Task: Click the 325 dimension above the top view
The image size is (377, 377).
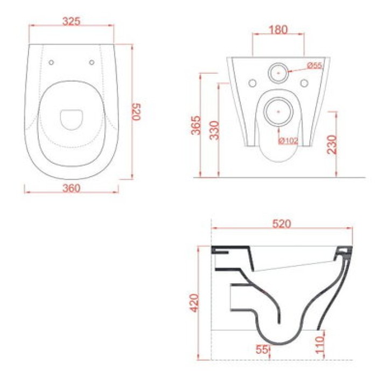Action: (72, 22)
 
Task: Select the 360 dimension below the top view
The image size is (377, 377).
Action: (72, 188)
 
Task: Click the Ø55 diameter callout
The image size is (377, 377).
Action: (314, 65)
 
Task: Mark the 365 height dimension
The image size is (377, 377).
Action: (197, 125)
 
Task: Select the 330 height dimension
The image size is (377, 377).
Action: (215, 130)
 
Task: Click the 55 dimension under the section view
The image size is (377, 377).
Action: (262, 350)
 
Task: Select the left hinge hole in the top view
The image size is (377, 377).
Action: (51, 62)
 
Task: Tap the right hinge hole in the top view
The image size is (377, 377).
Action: (92, 62)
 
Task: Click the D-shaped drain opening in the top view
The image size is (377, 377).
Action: (71, 119)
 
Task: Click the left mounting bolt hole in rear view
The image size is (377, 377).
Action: (253, 83)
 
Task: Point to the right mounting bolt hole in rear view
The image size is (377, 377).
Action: (304, 83)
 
